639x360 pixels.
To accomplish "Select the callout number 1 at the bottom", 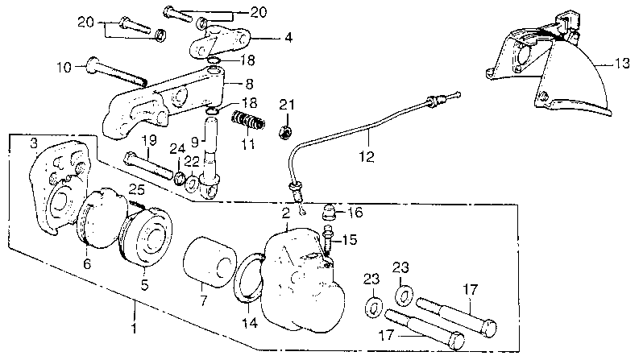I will click(x=134, y=329).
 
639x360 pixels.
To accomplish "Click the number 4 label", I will click(x=266, y=36).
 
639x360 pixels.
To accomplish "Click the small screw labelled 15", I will click(x=328, y=238).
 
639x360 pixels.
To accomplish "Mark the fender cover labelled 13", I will click(x=556, y=81).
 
